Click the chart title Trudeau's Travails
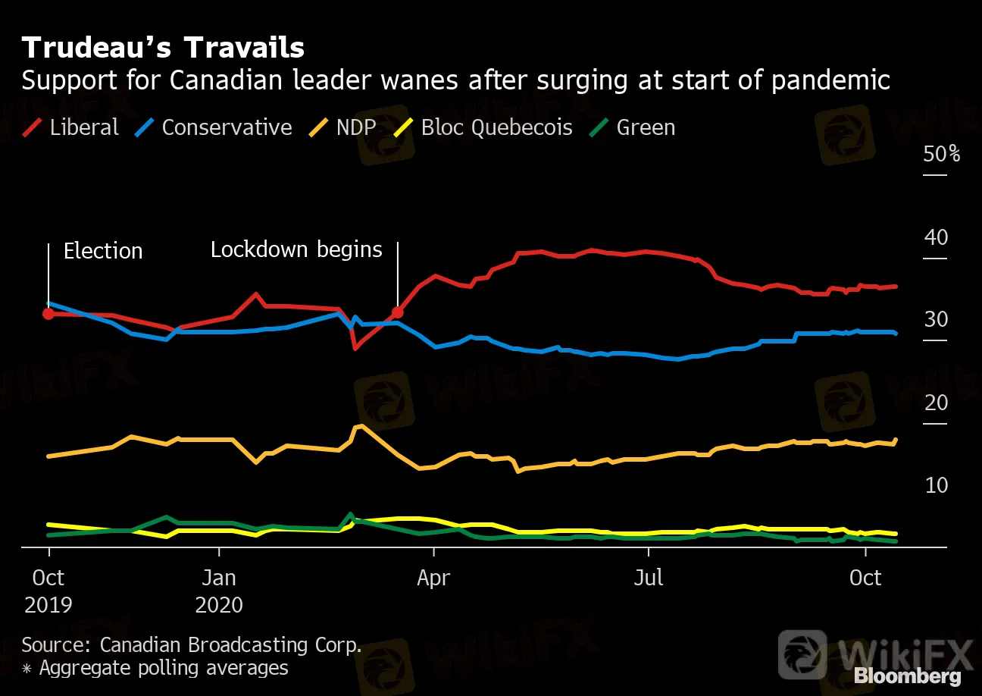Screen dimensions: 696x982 click(x=163, y=48)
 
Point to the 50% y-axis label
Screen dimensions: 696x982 click(x=941, y=154)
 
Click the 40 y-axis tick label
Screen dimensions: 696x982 click(x=936, y=237)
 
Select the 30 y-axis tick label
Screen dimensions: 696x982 click(x=936, y=319)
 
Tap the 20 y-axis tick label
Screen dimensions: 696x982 click(x=936, y=402)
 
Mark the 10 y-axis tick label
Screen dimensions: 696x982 click(x=936, y=484)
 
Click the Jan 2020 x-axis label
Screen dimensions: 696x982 click(x=219, y=591)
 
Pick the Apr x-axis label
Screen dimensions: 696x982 click(x=433, y=578)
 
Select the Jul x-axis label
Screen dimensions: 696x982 click(x=649, y=578)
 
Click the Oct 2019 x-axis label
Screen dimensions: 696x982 click(x=48, y=591)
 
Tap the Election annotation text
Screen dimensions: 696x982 click(x=103, y=251)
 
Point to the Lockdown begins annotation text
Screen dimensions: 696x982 click(x=296, y=249)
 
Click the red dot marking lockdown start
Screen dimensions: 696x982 click(x=397, y=312)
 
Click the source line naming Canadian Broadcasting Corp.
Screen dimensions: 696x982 click(x=192, y=645)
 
